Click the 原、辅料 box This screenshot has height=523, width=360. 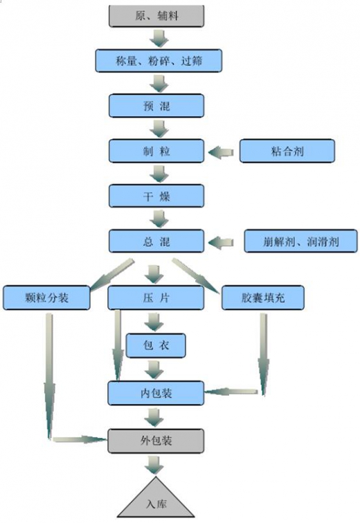pos(156,16)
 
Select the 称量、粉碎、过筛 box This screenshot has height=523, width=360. pos(159,61)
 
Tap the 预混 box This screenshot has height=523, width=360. pos(156,106)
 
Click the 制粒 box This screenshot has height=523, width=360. pos(156,151)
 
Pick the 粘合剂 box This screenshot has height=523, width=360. pos(287,151)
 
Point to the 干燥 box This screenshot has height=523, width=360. pos(156,196)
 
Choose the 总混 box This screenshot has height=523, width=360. pos(156,241)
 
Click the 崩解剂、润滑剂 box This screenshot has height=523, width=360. pos(300,241)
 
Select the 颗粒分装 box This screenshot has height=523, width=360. pos(46,297)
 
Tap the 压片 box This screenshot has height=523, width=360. pos(156,297)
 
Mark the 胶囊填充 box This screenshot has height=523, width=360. pos(263,297)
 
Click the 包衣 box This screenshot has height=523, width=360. pos(156,346)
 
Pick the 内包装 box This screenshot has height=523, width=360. pos(156,393)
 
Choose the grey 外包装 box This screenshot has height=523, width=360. pos(156,441)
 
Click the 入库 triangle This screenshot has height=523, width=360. pos(156,500)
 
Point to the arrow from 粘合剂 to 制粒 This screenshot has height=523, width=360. pos(221,152)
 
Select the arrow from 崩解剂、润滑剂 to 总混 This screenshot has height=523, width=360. pos(221,242)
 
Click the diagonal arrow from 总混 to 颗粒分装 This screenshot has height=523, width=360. pos(111,274)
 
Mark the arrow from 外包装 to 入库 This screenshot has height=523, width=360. pos(154,465)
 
